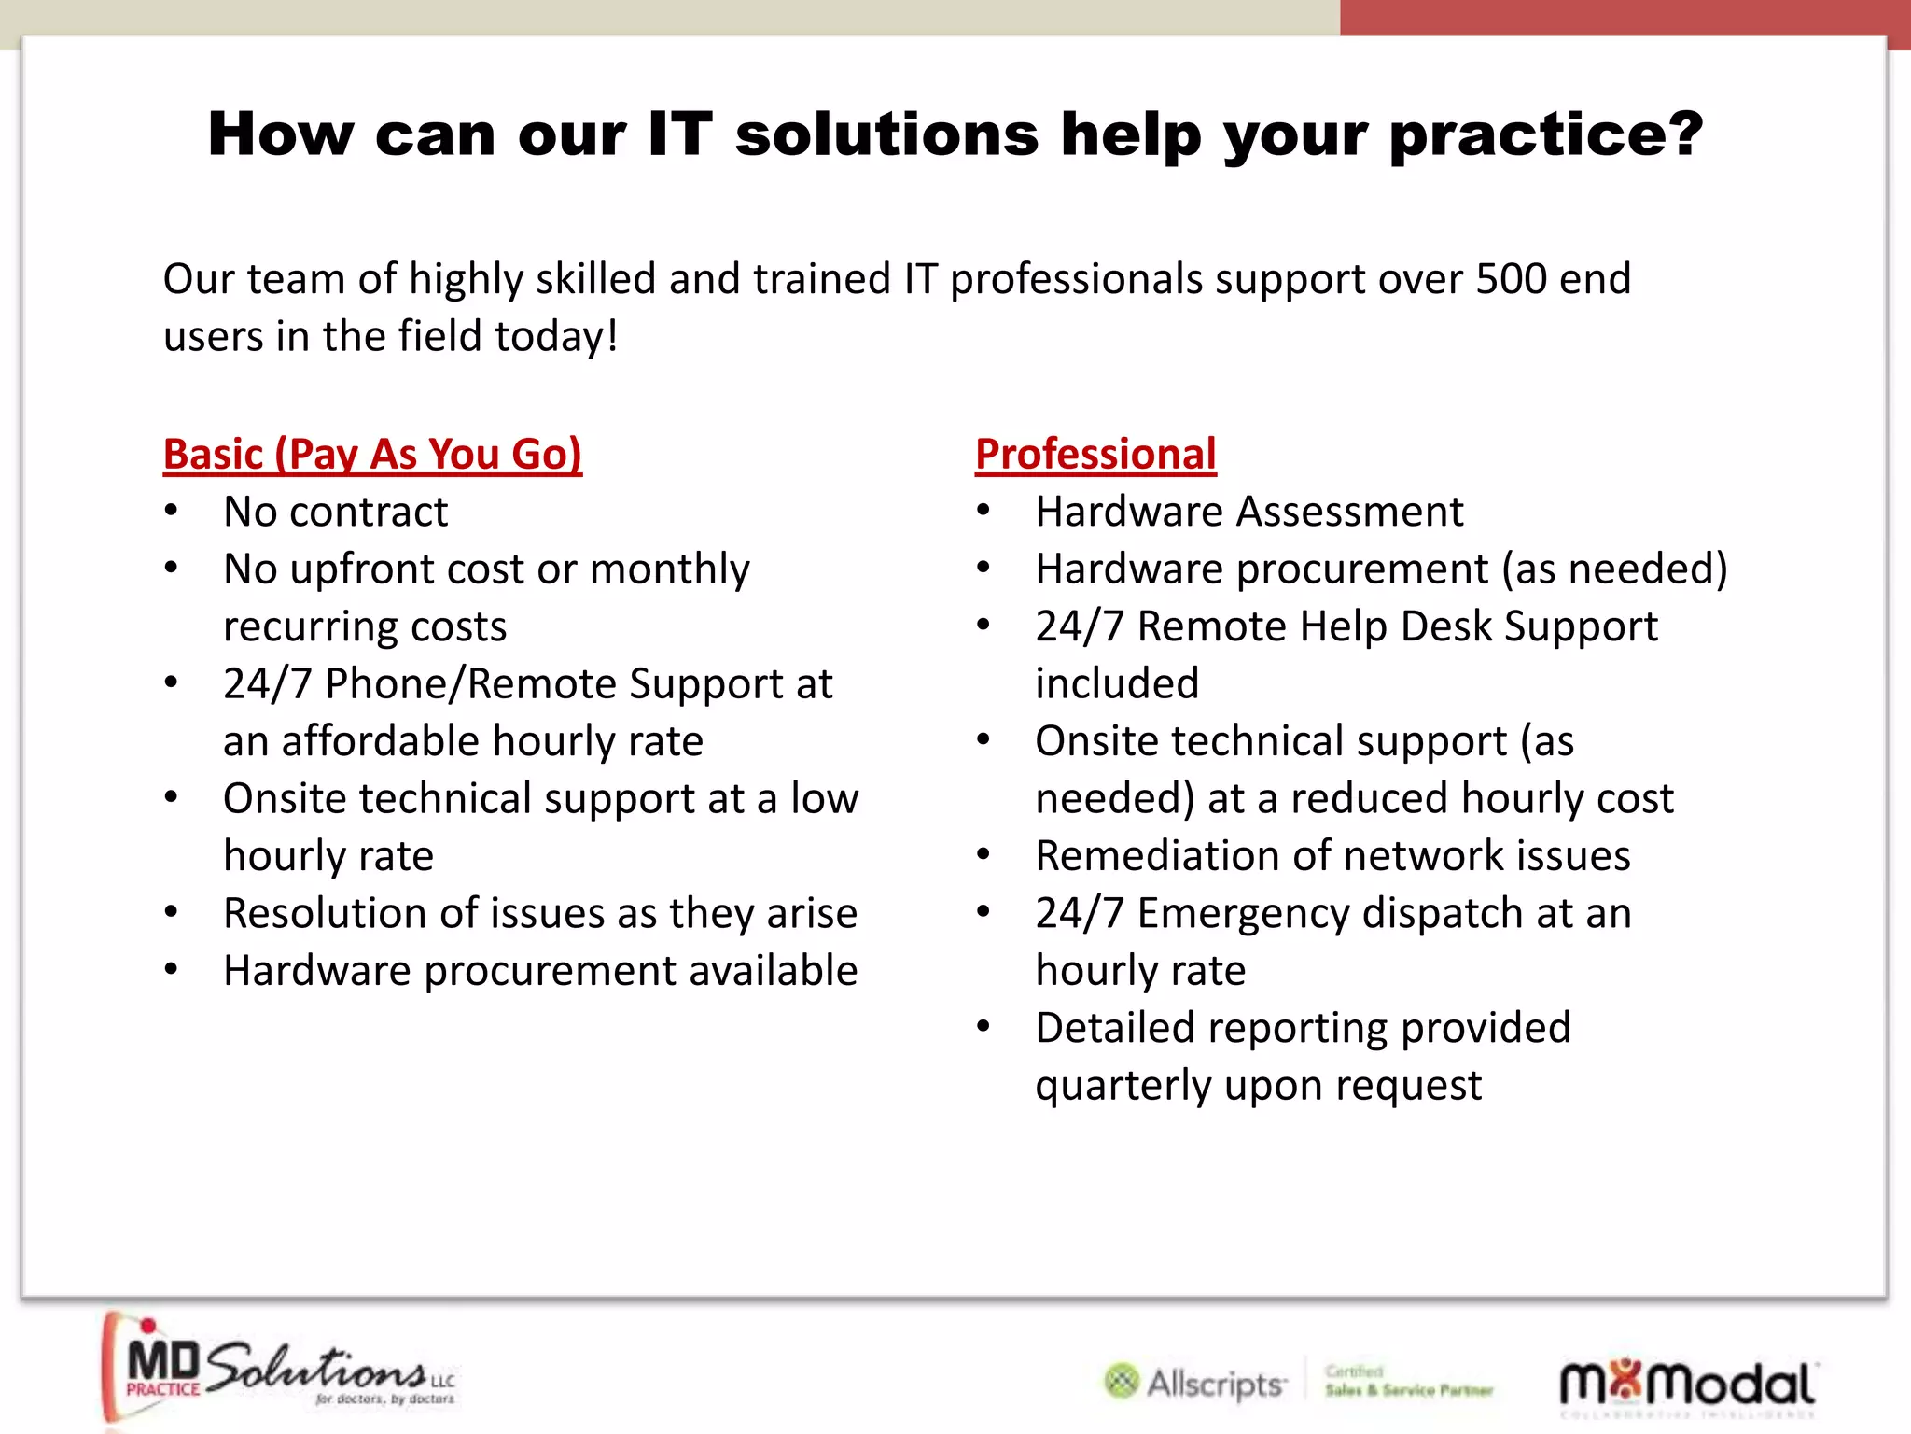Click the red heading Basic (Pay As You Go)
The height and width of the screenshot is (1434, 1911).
(x=372, y=455)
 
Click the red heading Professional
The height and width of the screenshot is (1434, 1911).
(x=1095, y=455)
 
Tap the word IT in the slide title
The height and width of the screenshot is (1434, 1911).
(x=679, y=134)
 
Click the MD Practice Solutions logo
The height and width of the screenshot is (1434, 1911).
(x=280, y=1370)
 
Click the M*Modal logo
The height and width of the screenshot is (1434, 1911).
(x=1687, y=1384)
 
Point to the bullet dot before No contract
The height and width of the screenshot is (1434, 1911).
(x=171, y=511)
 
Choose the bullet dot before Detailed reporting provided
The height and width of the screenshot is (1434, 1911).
(x=983, y=1027)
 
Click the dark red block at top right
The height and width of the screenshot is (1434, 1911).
(x=1624, y=17)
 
